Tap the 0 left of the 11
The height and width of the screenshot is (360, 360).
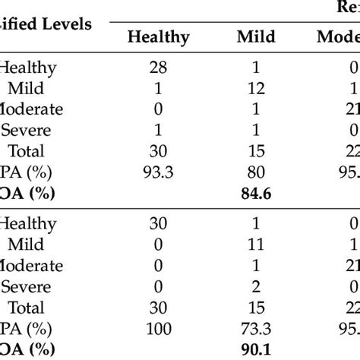(x=159, y=245)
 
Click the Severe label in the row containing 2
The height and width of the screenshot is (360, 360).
(x=26, y=287)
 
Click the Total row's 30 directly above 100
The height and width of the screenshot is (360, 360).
(x=159, y=308)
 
